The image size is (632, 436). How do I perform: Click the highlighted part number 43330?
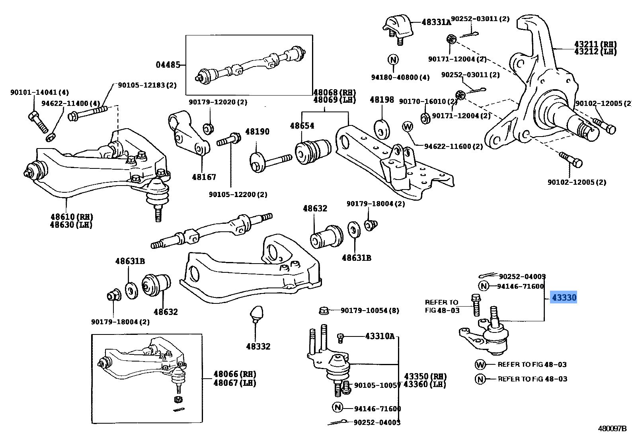pos(563,297)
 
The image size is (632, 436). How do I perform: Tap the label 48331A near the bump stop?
pos(436,22)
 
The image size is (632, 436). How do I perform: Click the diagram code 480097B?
pos(612,429)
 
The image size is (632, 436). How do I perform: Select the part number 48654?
pos(302,126)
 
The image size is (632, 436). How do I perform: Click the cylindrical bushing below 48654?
pos(312,151)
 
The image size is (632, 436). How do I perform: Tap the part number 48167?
pos(203,177)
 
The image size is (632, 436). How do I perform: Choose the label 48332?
pos(258,346)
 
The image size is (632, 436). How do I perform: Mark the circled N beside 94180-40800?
pos(393,60)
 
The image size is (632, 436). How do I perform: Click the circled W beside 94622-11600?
pos(408,127)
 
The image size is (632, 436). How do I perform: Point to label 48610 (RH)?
pos(71,217)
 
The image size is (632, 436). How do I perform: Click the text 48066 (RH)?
pos(234,374)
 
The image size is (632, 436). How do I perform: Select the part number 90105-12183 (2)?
pos(147,85)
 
